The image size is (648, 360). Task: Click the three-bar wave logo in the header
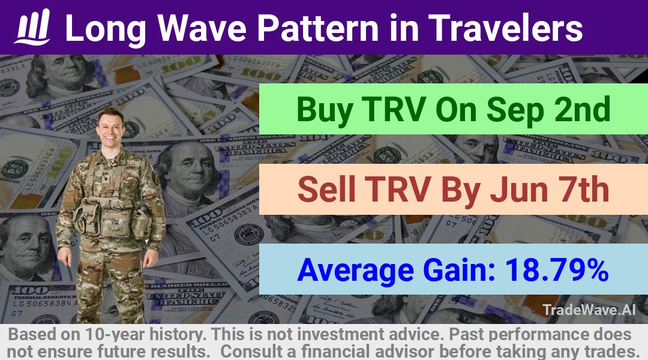(32, 27)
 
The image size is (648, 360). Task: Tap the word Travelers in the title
(505, 28)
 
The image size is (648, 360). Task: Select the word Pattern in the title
(317, 28)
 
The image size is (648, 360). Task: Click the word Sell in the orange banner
(326, 189)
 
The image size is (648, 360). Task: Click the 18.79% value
(557, 269)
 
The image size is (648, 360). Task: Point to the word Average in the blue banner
(355, 271)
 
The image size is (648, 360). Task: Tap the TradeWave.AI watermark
(589, 310)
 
